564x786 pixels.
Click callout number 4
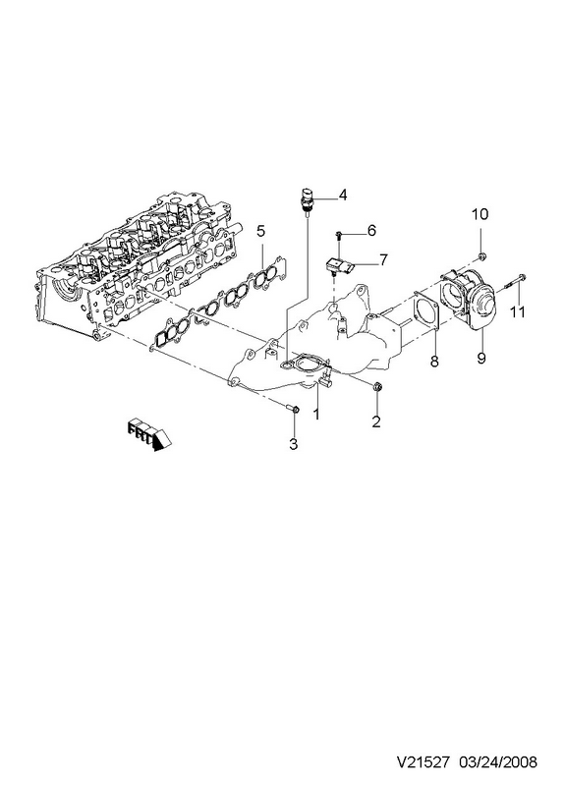point(342,195)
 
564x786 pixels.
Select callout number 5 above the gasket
point(260,231)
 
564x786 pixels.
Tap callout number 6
point(371,231)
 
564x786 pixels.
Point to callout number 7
point(383,260)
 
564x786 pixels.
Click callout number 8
point(434,360)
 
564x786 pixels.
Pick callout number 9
point(481,359)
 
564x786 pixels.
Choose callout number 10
point(479,214)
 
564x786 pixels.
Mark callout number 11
point(518,311)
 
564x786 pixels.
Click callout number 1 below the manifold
point(316,414)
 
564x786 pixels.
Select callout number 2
point(376,422)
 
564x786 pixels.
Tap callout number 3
point(293,444)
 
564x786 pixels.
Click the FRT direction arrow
point(149,434)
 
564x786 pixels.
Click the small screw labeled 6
point(339,235)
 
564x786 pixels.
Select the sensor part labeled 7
point(340,264)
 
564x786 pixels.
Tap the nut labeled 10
point(481,257)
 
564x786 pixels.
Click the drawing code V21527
point(425,762)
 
